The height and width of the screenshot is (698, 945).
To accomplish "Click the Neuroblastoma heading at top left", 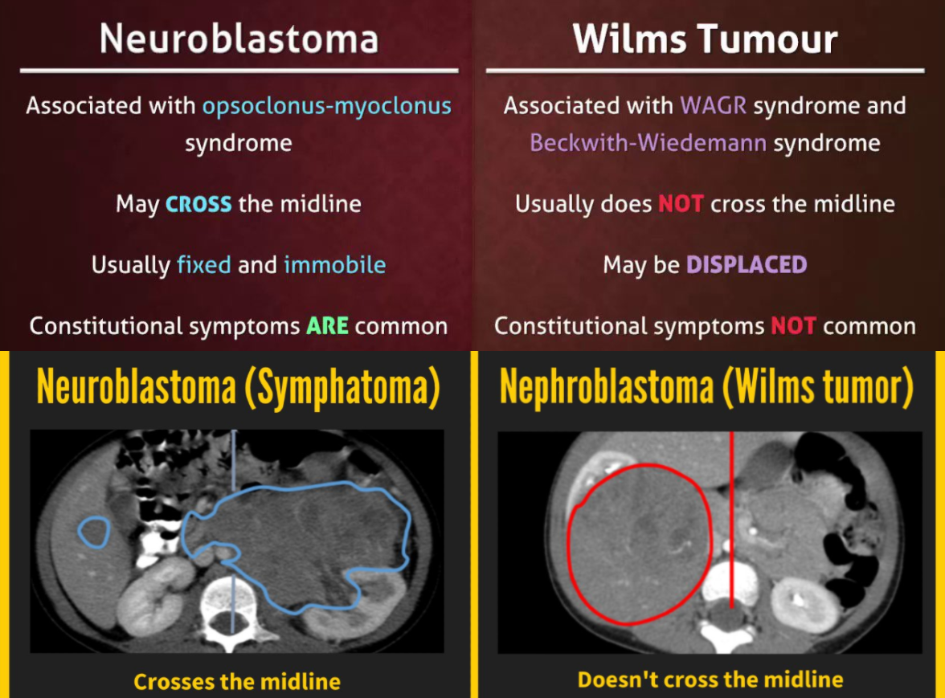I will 239,39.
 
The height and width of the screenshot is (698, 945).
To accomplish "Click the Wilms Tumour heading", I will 706,39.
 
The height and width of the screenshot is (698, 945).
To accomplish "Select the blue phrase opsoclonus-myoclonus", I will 326,106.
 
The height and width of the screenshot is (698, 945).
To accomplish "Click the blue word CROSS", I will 198,204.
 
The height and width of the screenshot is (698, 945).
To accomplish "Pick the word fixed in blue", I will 204,265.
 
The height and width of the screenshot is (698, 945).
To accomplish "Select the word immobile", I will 334,265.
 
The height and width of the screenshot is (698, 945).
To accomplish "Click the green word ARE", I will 326,326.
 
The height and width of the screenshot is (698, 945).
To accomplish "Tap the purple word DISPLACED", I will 746,265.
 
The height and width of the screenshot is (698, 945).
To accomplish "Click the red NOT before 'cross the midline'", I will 681,204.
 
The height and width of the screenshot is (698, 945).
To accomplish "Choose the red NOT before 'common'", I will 793,326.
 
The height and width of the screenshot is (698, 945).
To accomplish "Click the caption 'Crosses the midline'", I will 237,682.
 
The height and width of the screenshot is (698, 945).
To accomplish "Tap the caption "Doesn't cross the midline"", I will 710,680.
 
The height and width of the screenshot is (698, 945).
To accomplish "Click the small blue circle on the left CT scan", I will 94,533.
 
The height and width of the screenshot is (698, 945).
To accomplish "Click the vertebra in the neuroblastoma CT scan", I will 231,598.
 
